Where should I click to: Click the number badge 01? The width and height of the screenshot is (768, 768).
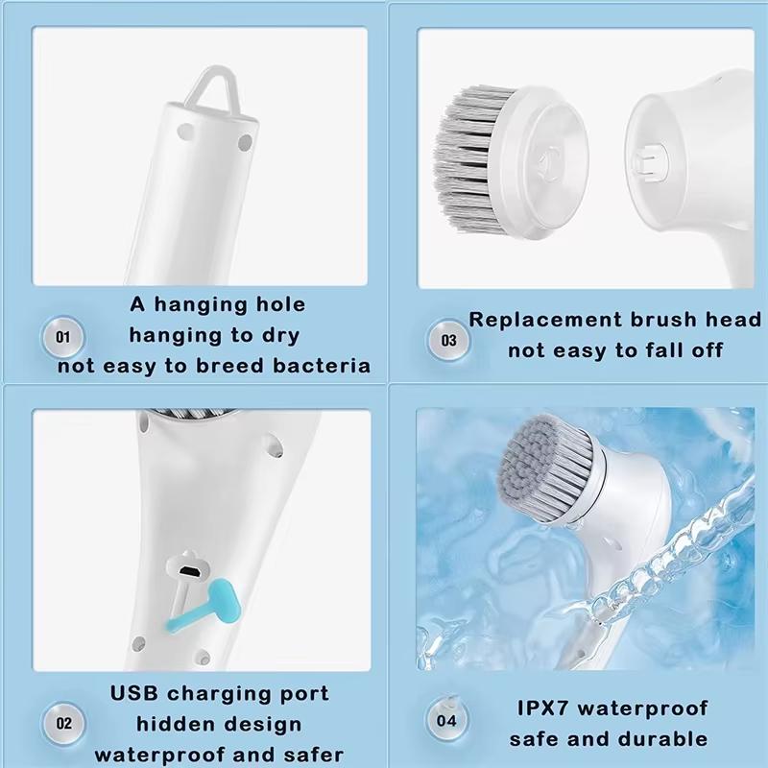(64, 338)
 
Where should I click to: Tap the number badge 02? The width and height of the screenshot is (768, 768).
(64, 721)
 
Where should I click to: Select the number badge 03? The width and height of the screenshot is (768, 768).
(448, 340)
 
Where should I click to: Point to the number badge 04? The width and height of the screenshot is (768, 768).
(447, 720)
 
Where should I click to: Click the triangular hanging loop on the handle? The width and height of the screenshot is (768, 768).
(210, 87)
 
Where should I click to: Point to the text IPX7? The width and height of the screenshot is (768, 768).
(542, 709)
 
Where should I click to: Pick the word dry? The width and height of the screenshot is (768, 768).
(277, 336)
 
